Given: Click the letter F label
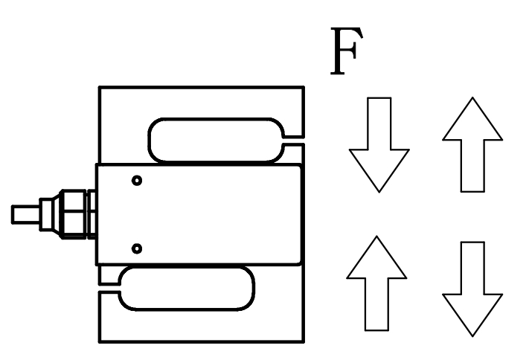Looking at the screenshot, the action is [x=347, y=51].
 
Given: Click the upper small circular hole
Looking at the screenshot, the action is [x=137, y=181].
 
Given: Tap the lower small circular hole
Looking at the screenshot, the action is [x=137, y=248].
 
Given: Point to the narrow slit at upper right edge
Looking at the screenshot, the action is [x=293, y=141].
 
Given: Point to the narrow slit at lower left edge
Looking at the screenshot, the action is [x=109, y=287].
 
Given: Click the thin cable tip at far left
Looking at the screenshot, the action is [x=25, y=214].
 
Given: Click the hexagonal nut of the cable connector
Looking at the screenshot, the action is [x=72, y=214].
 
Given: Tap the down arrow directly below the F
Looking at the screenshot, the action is [x=379, y=145].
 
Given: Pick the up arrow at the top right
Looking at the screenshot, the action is [x=472, y=144].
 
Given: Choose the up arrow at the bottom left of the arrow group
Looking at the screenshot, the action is [x=376, y=283].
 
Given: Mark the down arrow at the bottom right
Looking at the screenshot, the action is [x=472, y=289].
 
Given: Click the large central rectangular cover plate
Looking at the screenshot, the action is [x=199, y=214].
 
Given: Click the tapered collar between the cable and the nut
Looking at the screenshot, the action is [x=50, y=214].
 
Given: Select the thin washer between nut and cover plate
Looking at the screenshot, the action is [x=91, y=214].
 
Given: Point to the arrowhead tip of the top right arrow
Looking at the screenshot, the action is [x=472, y=97].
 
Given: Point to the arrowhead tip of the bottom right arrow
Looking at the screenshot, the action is [x=472, y=336].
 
